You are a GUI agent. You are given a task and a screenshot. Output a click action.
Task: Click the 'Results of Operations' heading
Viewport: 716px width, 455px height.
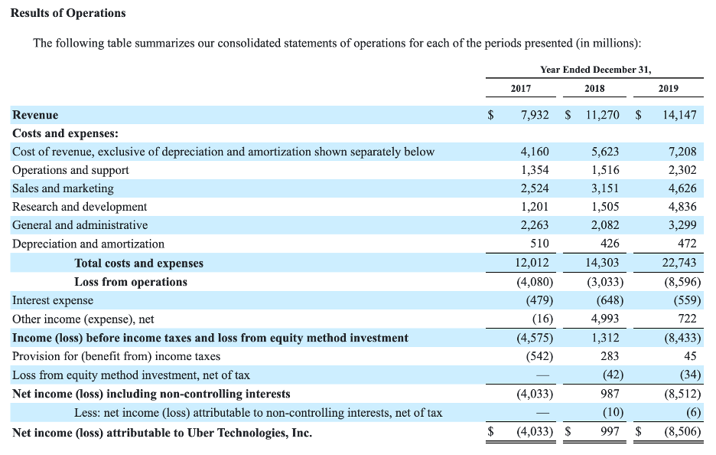(x=68, y=13)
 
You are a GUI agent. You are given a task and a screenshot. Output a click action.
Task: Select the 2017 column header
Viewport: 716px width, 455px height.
(x=520, y=88)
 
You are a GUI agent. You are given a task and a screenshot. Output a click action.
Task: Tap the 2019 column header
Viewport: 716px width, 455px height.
(x=668, y=88)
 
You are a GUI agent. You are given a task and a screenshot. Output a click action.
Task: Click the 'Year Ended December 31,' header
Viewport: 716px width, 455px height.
(x=595, y=70)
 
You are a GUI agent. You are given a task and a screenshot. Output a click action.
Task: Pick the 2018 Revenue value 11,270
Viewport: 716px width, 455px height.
(x=602, y=115)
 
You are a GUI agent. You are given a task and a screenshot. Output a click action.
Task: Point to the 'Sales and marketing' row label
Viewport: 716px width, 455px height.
(x=63, y=188)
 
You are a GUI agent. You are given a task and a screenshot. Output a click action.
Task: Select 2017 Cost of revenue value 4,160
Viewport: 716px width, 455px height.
(x=534, y=152)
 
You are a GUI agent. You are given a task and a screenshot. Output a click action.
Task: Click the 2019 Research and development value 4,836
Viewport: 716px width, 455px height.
(x=682, y=207)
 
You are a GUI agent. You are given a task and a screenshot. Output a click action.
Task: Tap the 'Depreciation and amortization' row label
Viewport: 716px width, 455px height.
(x=88, y=244)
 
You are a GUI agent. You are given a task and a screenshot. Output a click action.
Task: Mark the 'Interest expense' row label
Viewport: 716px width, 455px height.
(x=53, y=300)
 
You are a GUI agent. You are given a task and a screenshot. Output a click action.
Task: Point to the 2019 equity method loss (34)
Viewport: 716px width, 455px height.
(x=688, y=375)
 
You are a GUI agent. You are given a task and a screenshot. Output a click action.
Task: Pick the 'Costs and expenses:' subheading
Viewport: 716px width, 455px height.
(x=65, y=133)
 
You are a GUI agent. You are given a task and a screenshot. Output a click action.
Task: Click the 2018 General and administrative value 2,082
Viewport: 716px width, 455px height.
(x=606, y=225)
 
